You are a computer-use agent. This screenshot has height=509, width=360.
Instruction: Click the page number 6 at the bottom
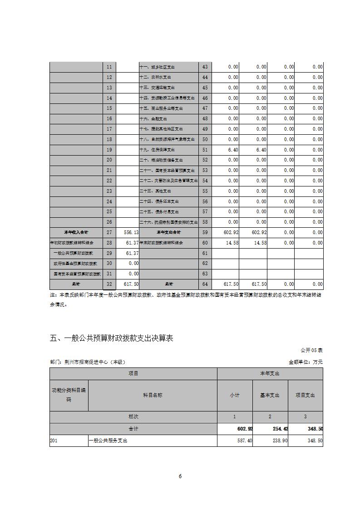tap(180, 476)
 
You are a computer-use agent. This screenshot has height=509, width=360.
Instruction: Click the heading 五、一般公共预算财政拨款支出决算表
tap(111, 338)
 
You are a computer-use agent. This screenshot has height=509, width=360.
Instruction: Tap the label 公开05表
tap(311, 350)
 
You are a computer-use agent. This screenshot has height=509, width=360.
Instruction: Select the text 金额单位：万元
tap(306, 362)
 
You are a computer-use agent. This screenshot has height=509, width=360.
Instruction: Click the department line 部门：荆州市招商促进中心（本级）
tap(88, 362)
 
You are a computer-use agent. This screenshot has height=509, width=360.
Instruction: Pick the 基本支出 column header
tap(270, 395)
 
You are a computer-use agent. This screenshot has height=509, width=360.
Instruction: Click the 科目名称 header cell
tap(153, 395)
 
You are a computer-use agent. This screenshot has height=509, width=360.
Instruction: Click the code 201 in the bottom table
tap(54, 440)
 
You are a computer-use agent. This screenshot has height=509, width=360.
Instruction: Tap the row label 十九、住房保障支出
tap(157, 150)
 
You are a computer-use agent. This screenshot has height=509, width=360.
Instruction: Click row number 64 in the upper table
tap(205, 284)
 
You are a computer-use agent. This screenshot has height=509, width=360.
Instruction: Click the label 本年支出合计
tap(168, 232)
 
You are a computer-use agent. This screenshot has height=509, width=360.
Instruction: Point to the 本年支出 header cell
tap(270, 373)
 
